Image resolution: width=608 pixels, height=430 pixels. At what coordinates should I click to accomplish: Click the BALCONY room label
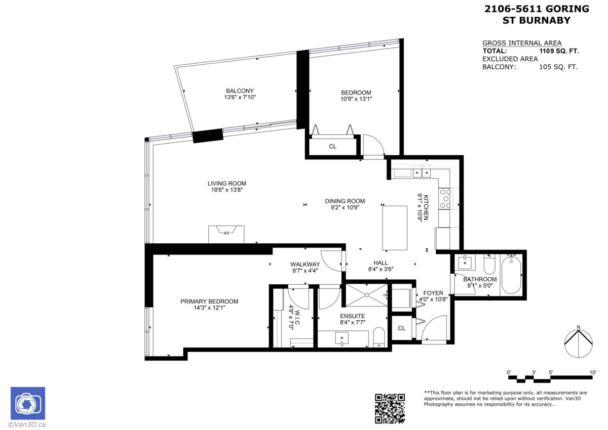point(240,91)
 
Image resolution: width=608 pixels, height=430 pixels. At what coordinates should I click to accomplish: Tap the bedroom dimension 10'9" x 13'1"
point(356,99)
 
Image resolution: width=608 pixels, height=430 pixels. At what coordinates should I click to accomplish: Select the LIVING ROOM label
point(227,184)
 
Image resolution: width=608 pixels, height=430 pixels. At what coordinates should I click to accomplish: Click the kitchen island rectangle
point(395,228)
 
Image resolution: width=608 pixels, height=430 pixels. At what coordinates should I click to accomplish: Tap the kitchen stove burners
point(445,199)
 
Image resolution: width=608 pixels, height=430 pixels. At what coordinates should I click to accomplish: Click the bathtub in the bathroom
point(511,274)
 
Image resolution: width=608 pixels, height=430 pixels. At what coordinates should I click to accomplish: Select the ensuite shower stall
point(366,295)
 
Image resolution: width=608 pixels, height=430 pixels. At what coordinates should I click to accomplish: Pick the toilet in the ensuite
point(379,337)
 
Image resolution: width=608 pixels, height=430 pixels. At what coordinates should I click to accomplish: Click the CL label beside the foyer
point(402,328)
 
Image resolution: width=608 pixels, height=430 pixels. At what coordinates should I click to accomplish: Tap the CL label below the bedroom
point(333,146)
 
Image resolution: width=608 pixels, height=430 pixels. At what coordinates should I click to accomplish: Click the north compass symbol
point(579,342)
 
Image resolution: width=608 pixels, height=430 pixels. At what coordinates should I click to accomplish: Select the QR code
point(390,409)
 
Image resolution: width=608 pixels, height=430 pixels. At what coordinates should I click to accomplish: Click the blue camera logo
point(28,403)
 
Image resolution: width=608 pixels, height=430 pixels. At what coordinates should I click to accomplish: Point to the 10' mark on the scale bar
point(593,372)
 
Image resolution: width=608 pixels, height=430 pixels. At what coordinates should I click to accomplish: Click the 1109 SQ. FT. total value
point(559,51)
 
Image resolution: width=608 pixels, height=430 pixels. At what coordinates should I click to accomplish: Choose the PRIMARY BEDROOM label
point(209,302)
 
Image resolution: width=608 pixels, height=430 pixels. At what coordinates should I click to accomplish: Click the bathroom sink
point(465,262)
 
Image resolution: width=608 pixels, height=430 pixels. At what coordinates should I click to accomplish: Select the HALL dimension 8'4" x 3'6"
point(381,269)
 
